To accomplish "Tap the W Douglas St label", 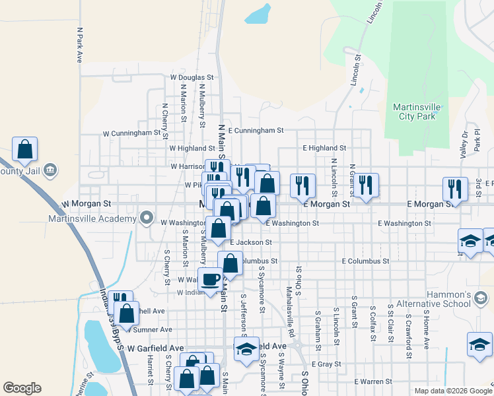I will (192, 77).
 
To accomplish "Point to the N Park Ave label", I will (79, 45).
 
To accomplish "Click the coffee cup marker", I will (211, 279).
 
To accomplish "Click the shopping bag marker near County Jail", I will (24, 150).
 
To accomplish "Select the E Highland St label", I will (324, 148).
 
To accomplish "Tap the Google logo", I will (22, 388).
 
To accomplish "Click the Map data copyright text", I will (452, 391).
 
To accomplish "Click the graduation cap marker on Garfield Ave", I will (246, 349).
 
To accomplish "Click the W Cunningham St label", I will (131, 133).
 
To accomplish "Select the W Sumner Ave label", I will (153, 329).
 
